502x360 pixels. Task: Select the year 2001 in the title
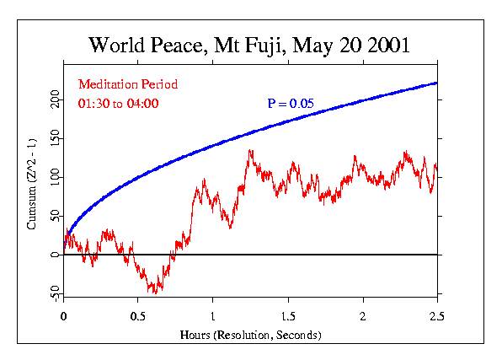point(386,45)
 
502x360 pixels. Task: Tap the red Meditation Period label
point(128,84)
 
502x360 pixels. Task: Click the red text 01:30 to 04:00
point(119,104)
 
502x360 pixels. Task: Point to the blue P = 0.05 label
point(291,104)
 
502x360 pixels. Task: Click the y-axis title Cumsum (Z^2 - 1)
point(31,178)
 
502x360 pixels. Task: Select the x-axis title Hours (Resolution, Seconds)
point(250,334)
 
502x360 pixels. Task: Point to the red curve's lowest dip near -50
point(156,292)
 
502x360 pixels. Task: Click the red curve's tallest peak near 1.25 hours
point(250,151)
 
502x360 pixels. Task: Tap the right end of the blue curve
point(437,83)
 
